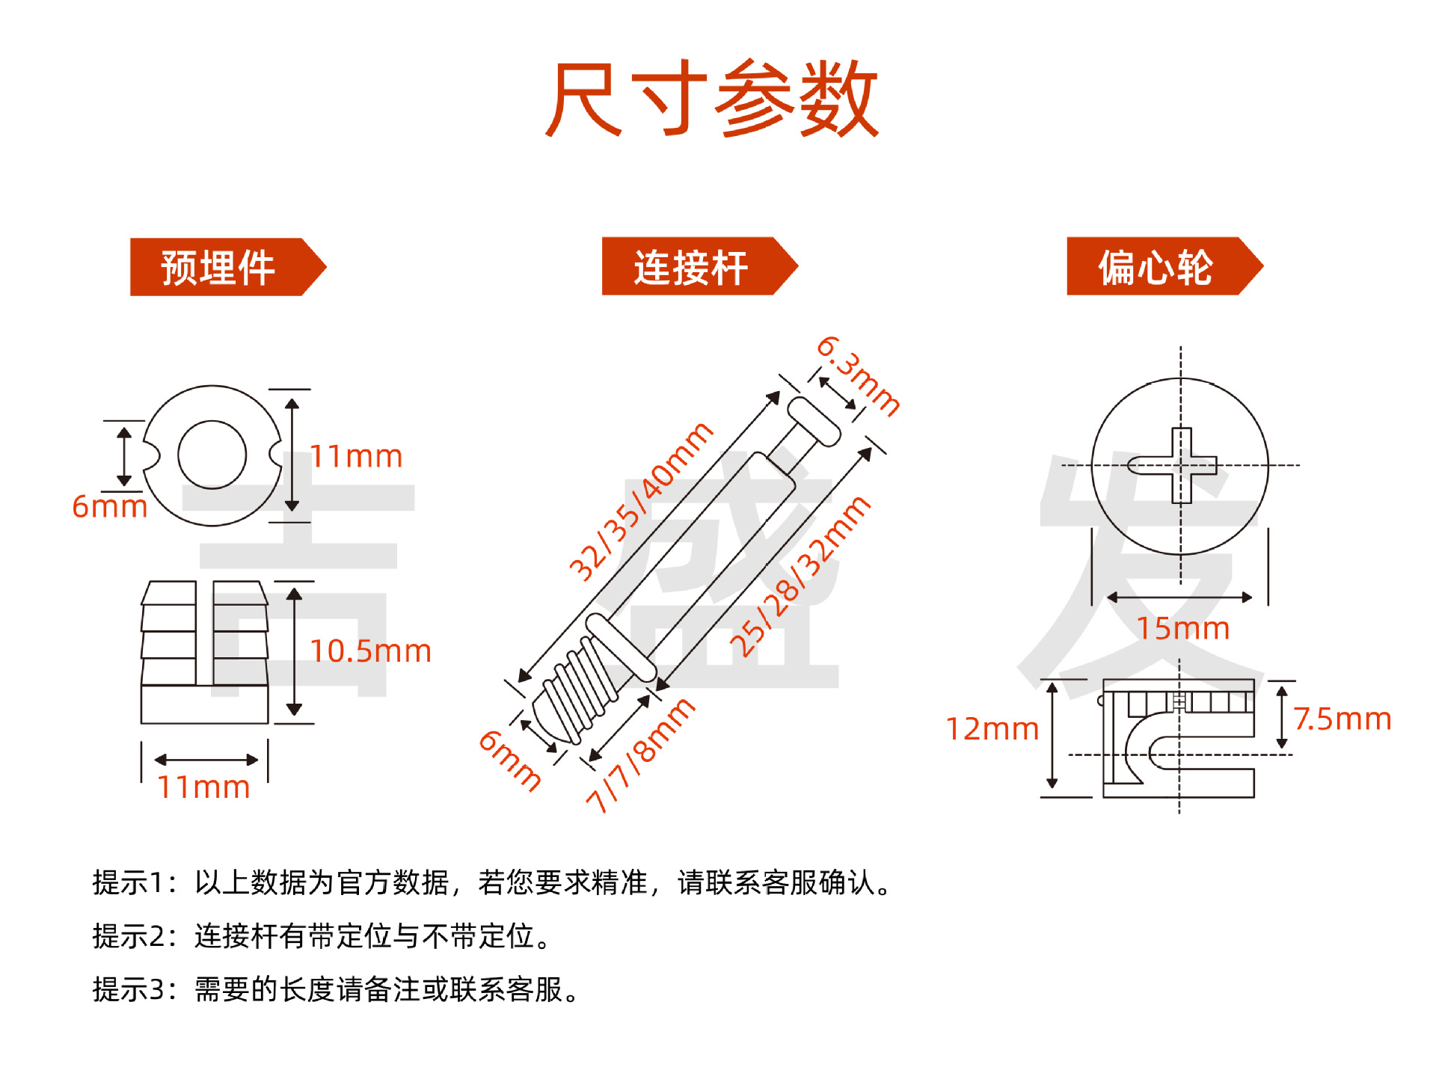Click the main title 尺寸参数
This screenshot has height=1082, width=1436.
point(712,99)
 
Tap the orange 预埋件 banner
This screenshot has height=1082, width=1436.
point(218,268)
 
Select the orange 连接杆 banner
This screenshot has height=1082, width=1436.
point(691,267)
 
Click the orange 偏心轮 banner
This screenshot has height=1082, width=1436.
point(1156,267)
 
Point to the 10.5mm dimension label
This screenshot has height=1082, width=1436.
point(370,651)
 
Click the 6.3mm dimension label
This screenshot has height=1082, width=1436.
point(858,376)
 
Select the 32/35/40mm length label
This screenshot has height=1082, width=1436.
point(641,502)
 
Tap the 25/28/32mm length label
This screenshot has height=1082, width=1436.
point(800,576)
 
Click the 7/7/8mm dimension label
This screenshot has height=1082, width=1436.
point(640,755)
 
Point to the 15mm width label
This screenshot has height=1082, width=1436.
point(1182,629)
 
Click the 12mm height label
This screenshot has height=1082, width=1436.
point(992,729)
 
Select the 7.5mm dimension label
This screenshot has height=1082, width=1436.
point(1342,719)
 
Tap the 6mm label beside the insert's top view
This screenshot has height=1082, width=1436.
point(109,507)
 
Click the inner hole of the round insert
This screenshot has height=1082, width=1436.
point(212,455)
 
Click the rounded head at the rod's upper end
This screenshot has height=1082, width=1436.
point(814,421)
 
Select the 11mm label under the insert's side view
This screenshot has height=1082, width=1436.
point(203,787)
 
